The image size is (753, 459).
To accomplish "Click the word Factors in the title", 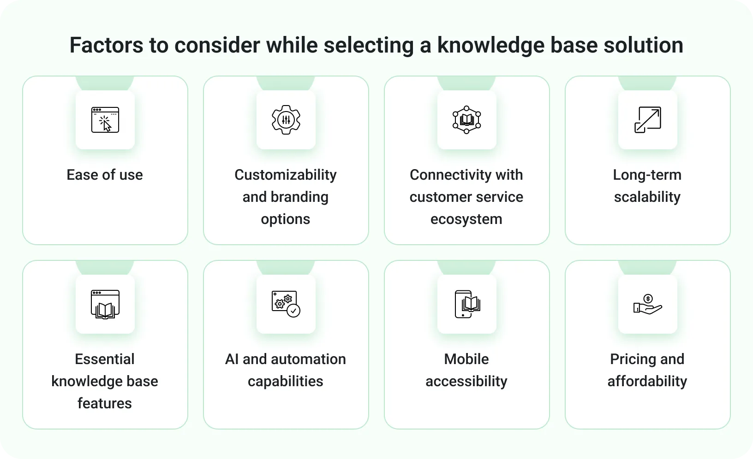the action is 106,45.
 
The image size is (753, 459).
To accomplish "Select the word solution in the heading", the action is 643,45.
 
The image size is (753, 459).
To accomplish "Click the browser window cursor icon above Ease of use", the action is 105,120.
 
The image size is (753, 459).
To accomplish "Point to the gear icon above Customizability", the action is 286,120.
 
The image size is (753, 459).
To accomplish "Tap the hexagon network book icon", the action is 466,120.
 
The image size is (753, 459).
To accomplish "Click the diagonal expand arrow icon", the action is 648,120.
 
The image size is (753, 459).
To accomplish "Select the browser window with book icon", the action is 105,304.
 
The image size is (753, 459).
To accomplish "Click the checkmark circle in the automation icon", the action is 293,311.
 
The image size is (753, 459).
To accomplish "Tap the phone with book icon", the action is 467,304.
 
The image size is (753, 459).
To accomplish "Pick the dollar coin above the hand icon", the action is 648,299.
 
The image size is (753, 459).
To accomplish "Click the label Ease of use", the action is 105,175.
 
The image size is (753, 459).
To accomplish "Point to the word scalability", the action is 647,197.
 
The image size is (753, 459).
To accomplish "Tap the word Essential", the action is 105,359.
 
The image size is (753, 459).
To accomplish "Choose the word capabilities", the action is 286,382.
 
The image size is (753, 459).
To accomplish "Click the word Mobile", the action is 466,359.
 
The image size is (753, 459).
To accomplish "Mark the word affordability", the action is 647,382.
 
